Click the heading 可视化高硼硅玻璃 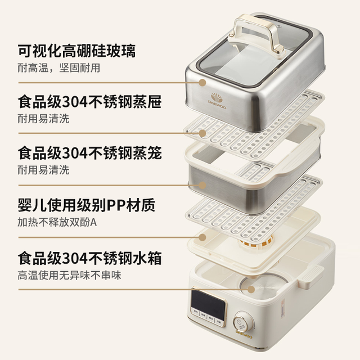coord(76,51)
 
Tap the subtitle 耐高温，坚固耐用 coord(58,68)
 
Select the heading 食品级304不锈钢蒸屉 coord(90,102)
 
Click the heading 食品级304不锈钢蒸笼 coord(90,153)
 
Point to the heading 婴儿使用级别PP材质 coord(87,205)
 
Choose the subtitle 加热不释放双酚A coord(57,222)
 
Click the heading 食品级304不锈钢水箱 coord(90,258)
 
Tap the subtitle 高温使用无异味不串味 coord(69,276)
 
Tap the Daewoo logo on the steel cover coord(218,101)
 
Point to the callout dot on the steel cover coord(202,83)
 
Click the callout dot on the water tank coord(251,290)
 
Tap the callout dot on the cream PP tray coord(202,237)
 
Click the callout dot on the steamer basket coord(202,185)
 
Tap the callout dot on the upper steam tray coord(202,133)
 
